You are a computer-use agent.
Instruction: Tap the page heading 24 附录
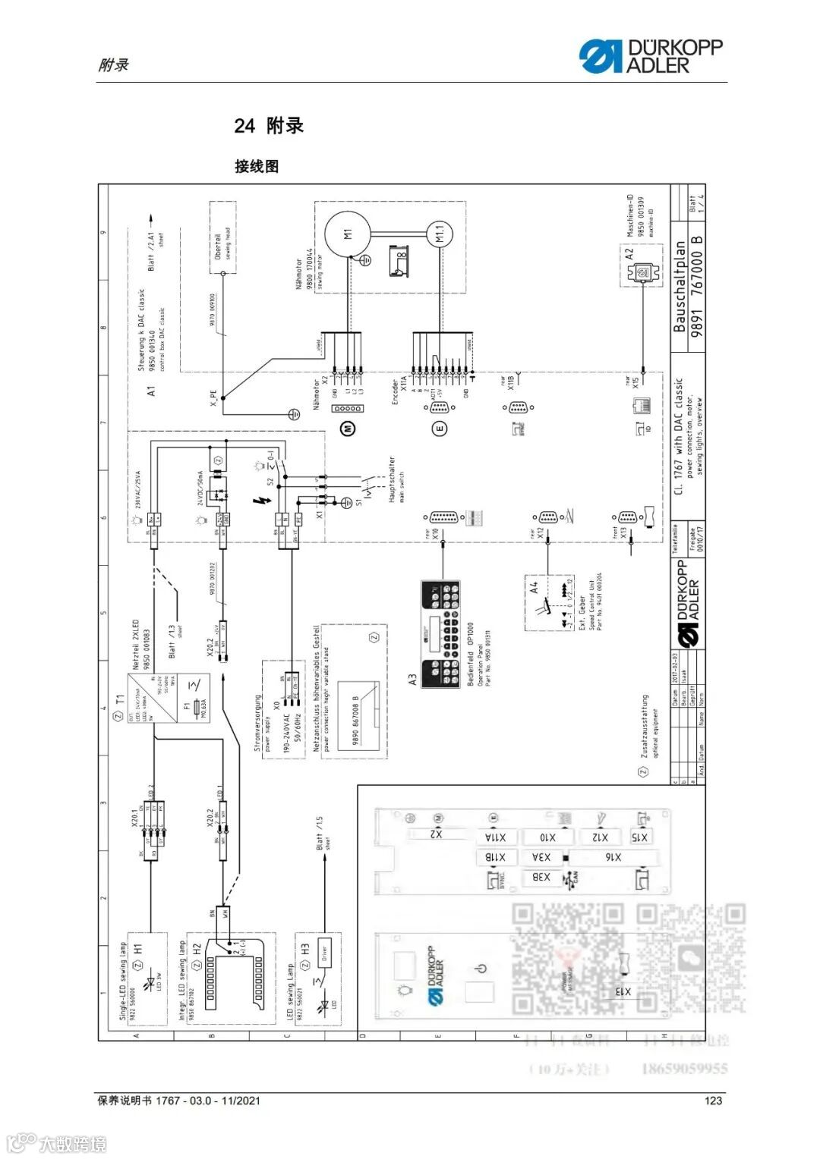point(269,126)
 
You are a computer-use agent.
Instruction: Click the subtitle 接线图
point(257,166)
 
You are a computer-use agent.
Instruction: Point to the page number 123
point(713,1101)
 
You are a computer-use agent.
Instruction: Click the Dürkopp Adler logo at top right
point(651,57)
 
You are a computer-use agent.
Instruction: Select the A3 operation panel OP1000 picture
point(440,633)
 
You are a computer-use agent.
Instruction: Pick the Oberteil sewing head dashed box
point(222,237)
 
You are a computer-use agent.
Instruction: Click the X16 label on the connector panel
point(613,857)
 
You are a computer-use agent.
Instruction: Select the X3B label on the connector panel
point(541,878)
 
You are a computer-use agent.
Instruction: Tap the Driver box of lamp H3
point(325,953)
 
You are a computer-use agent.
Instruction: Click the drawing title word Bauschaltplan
point(680,287)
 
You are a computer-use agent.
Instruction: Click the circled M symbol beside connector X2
point(348,429)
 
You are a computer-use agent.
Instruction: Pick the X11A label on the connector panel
point(495,837)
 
